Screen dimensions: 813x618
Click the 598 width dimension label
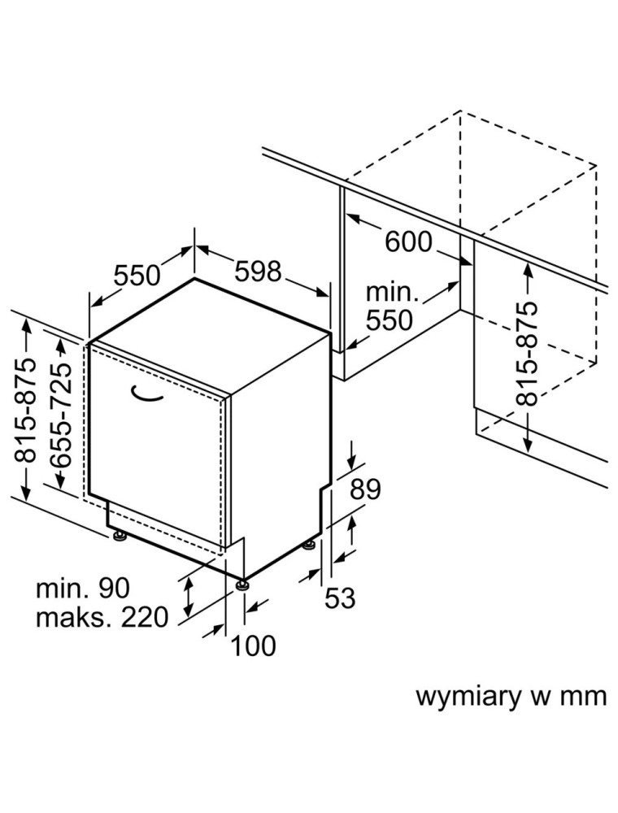coord(258,271)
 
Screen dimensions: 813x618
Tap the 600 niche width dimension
coord(408,241)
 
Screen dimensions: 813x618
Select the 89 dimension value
coord(365,489)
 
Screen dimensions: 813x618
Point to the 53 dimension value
coord(341,598)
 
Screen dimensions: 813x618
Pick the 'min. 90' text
coord(82,588)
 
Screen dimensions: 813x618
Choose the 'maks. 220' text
coord(102,617)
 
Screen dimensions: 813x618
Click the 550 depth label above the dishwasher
coord(137,276)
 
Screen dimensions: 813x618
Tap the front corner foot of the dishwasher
coord(242,582)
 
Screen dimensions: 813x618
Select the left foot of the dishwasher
coord(120,536)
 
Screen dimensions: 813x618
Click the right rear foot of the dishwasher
coord(309,543)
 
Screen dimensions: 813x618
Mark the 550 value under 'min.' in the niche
coord(390,320)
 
